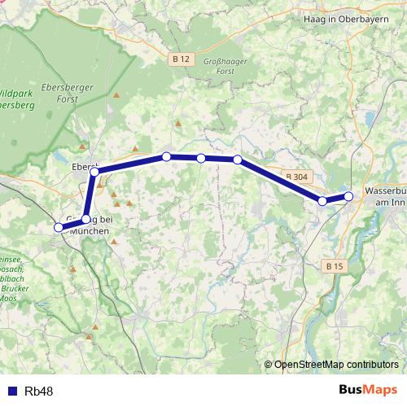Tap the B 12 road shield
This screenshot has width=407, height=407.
[x=181, y=59]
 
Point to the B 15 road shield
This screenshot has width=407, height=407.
[x=335, y=265]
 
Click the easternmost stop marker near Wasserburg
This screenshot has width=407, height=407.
[x=348, y=196]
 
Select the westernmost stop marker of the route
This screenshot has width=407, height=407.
[x=59, y=228]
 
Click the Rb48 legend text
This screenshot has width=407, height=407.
[x=39, y=392]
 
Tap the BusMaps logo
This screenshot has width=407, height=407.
[x=367, y=390]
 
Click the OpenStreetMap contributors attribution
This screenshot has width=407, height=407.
[x=335, y=364]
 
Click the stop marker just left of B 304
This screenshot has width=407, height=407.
[x=238, y=160]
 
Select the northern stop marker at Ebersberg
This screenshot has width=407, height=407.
[x=94, y=170]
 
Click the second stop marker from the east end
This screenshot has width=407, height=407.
[x=323, y=201]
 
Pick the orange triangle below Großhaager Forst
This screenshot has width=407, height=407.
[x=178, y=124]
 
